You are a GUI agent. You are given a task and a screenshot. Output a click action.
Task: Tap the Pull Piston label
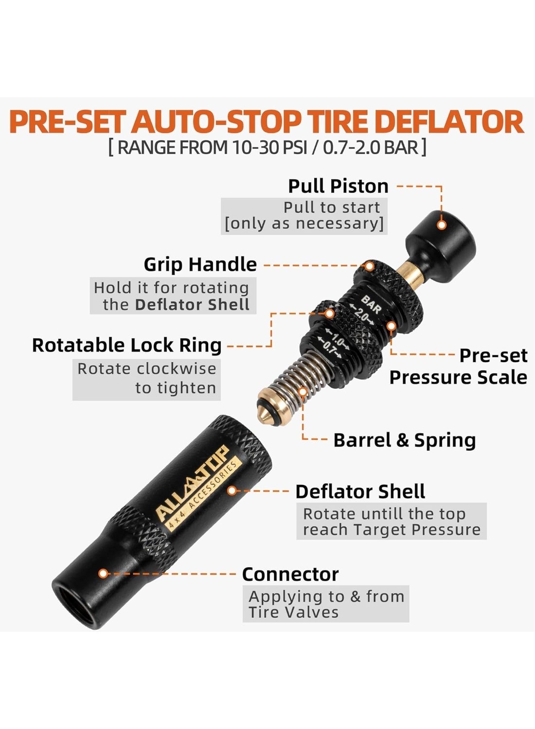[339, 187]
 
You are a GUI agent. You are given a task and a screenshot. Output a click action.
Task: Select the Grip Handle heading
[200, 264]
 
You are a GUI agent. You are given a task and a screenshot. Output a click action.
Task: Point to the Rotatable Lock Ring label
[126, 345]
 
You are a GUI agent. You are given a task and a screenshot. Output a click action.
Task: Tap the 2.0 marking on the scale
[361, 313]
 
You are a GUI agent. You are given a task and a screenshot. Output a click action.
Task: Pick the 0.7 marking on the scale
[330, 348]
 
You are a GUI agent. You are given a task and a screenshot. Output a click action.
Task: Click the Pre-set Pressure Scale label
[459, 366]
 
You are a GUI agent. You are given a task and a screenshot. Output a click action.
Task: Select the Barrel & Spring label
[405, 440]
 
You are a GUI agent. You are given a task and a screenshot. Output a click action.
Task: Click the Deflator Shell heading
[360, 491]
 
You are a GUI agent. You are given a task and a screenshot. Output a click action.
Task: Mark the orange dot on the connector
[103, 573]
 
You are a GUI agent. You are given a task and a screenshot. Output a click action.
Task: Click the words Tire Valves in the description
[293, 612]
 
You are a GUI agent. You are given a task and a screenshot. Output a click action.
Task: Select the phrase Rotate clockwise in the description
[147, 369]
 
